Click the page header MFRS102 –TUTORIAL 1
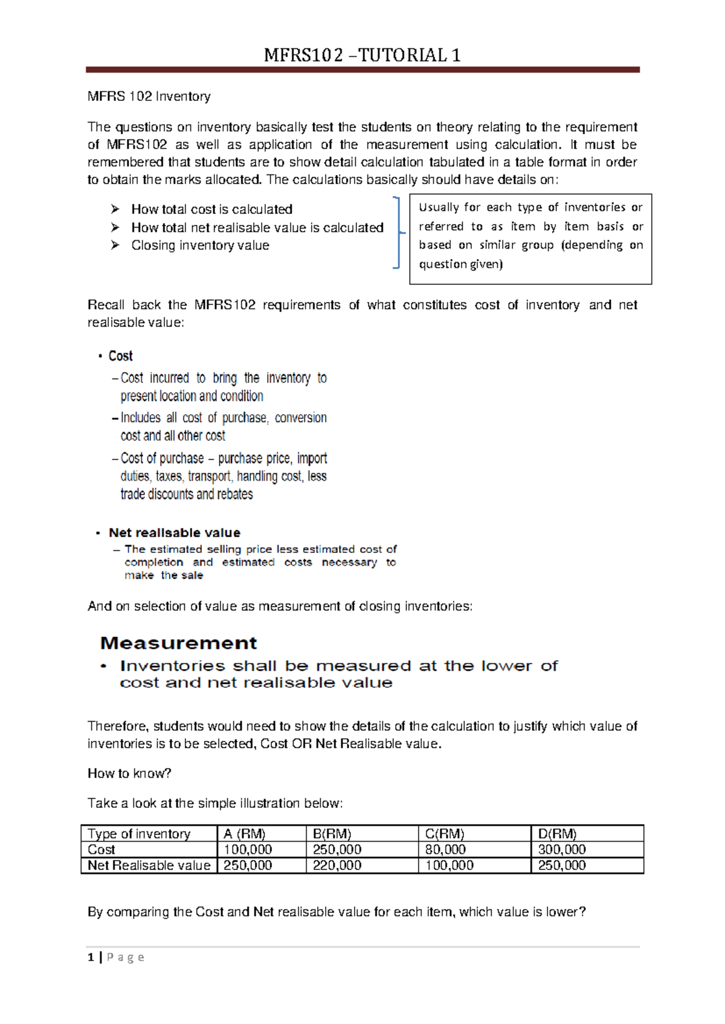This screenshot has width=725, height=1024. [x=362, y=56]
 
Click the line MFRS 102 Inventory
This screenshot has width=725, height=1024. [x=149, y=97]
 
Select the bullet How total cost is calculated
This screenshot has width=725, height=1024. [x=211, y=210]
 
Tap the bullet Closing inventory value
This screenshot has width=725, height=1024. [x=200, y=246]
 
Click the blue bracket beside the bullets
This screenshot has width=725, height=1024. [x=398, y=232]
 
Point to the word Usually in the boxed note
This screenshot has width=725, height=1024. [x=439, y=208]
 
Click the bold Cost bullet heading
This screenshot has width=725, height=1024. [x=120, y=356]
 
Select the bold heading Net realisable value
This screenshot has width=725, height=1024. [x=174, y=533]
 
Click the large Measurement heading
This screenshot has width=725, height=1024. [x=178, y=643]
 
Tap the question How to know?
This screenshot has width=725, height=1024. [x=129, y=774]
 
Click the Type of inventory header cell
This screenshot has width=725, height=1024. [x=139, y=834]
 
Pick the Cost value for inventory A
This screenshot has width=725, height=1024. [x=248, y=850]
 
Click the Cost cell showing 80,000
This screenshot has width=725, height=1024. [x=445, y=850]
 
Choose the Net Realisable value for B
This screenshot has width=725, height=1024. [x=337, y=865]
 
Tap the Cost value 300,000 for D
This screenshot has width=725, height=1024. [x=562, y=850]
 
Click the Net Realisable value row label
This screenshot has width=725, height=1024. [x=149, y=865]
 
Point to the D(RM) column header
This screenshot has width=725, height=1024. [x=557, y=834]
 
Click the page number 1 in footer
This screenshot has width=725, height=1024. [x=91, y=958]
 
